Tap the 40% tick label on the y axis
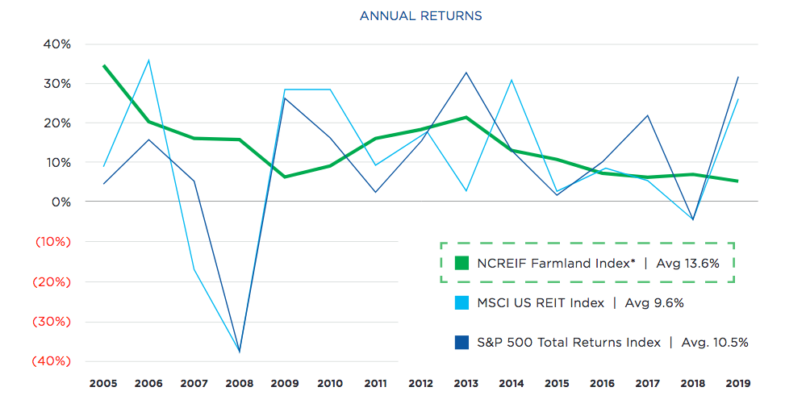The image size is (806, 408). coord(56,44)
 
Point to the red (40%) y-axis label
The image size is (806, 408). coord(51,361)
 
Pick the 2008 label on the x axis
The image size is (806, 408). coord(239,383)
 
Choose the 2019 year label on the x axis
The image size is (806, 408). coord(737,383)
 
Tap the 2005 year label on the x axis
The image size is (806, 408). coord(103,383)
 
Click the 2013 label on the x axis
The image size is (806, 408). coord(466,383)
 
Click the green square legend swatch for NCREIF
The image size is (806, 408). coord(461,263)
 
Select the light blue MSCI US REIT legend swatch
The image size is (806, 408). coord(461,302)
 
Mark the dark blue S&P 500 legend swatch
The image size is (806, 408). coord(461,342)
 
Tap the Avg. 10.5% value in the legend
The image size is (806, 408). coord(712,342)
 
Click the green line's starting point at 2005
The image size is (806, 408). coord(104,65)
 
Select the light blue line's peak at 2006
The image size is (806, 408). coord(148,60)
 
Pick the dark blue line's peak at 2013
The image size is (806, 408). coord(466,73)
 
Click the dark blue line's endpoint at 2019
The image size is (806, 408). coord(737,77)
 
